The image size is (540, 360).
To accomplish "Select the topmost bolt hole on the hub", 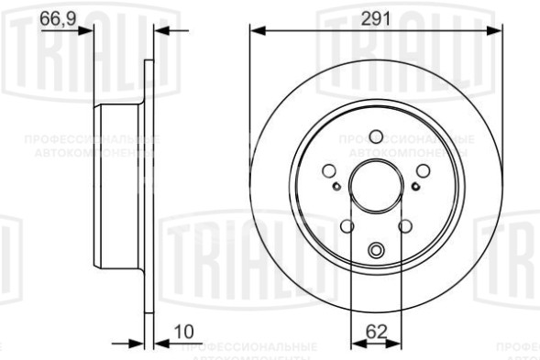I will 376,136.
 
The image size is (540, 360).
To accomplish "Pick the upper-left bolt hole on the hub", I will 329,169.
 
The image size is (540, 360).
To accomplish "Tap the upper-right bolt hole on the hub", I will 424,169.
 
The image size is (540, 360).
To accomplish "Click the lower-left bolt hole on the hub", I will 347,226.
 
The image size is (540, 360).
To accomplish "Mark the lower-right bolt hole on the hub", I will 405,226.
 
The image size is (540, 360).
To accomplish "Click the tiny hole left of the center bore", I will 336,188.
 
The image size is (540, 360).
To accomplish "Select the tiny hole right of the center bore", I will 415,188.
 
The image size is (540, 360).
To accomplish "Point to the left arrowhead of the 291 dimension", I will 257,32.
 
